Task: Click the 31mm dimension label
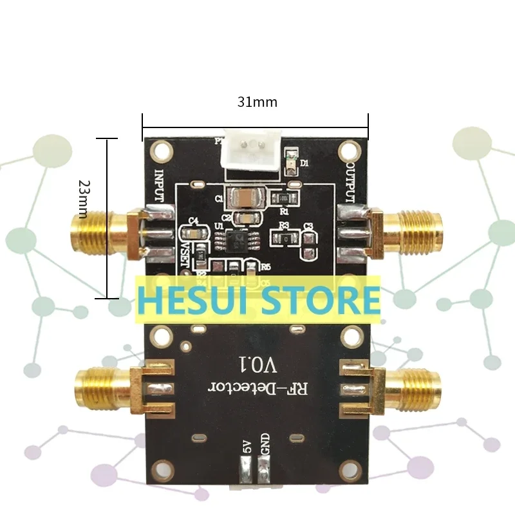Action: [x=256, y=102]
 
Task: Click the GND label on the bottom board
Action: [x=264, y=446]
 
